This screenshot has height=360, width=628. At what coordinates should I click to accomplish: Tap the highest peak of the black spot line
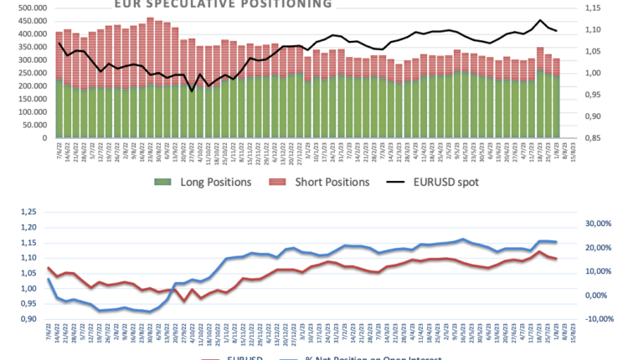[x=540, y=20]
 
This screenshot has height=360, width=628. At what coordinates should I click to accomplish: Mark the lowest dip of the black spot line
[x=192, y=91]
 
